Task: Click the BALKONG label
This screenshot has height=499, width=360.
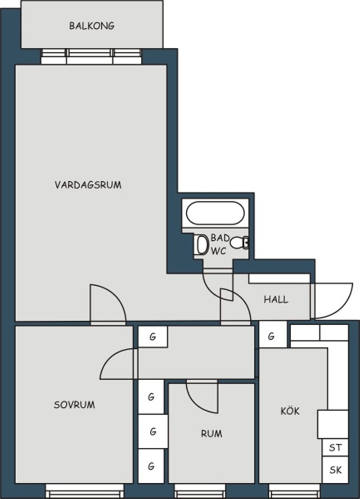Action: tap(92, 26)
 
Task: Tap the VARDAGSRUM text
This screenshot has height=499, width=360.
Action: tap(88, 185)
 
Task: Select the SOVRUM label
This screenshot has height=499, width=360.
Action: tap(74, 405)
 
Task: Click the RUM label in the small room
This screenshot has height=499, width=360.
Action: tap(211, 433)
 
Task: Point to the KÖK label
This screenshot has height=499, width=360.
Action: tap(290, 410)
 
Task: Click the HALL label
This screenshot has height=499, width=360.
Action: tap(276, 300)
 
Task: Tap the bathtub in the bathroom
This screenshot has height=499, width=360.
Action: tap(215, 213)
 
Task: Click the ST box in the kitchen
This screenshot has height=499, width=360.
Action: tap(335, 448)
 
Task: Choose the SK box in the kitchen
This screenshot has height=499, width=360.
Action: tap(335, 470)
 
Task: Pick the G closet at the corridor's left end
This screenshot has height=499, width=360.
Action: tap(153, 337)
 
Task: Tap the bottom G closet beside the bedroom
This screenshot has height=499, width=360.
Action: tap(152, 466)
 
